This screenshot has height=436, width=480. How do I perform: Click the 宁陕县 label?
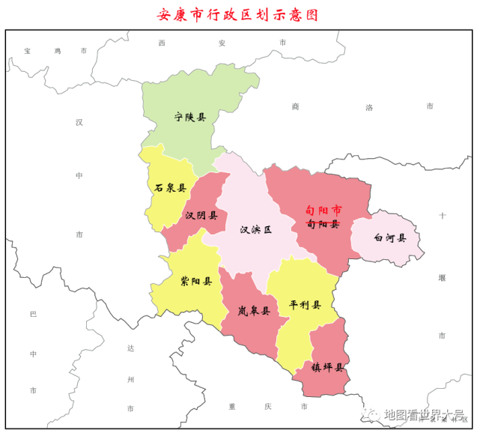(x=190, y=117)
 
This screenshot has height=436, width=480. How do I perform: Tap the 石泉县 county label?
(x=170, y=188)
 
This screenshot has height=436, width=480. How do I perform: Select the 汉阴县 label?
(x=201, y=216)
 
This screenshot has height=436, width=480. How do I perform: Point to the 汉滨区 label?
(x=255, y=230)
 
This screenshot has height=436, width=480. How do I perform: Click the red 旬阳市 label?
(x=323, y=211)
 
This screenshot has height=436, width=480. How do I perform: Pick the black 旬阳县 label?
(x=323, y=223)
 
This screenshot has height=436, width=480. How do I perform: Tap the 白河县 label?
(x=390, y=237)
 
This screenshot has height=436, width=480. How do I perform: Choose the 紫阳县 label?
(x=196, y=282)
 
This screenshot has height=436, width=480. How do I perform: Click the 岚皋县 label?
(x=254, y=310)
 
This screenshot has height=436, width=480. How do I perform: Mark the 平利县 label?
(x=305, y=305)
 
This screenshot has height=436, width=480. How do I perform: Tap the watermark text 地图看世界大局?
(x=424, y=415)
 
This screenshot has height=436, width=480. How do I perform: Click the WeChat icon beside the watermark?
(x=371, y=415)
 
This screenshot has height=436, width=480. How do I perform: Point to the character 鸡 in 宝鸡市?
(x=56, y=51)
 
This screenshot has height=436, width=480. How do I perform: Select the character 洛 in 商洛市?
(x=368, y=107)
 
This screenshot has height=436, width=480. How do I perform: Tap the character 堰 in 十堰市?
(x=442, y=277)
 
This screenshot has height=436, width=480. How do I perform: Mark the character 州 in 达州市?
(x=130, y=380)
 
